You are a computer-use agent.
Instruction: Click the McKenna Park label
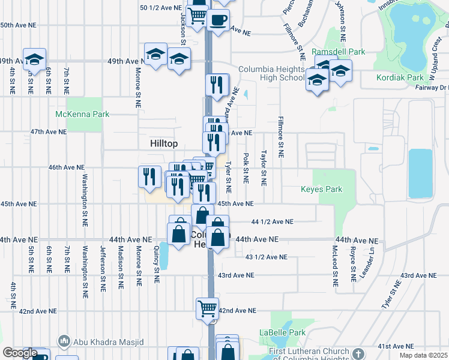pos(82,114)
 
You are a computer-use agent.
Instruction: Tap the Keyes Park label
pos(322,190)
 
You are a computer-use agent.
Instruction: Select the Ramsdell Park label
pos(339,52)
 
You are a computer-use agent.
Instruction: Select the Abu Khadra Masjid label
pos(108,342)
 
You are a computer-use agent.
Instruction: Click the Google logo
pos(20,353)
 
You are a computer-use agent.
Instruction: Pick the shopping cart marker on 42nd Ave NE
pos(208,308)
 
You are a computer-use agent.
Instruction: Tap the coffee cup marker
pos(218,19)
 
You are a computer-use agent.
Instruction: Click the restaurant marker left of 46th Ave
pos(149,176)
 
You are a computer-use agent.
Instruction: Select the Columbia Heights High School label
pos(271,73)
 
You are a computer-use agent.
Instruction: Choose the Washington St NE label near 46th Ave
pos(85,194)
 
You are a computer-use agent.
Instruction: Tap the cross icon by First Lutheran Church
pos(358,353)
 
